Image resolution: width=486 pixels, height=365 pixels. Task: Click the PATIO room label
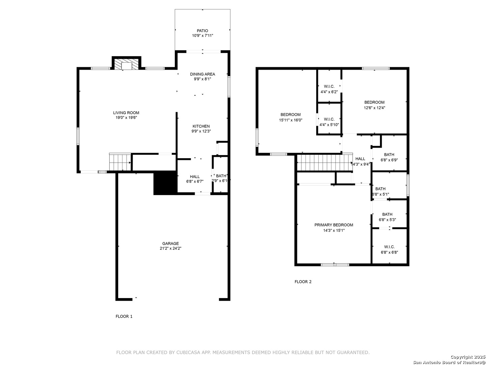202,30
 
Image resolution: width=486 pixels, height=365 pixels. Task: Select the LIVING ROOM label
126,113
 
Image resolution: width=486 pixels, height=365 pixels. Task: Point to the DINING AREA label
202,74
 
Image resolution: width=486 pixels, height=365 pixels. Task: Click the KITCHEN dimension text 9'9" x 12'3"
201,131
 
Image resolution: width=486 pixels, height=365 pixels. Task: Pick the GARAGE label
170,243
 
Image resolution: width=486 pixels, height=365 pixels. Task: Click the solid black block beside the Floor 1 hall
165,183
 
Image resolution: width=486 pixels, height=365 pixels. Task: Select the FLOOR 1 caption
124,316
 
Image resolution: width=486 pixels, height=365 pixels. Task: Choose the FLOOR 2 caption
303,282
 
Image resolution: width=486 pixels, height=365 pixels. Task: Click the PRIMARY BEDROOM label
334,225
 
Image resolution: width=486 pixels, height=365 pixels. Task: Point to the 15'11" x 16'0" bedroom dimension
291,120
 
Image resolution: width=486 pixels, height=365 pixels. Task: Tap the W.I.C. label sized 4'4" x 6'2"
329,86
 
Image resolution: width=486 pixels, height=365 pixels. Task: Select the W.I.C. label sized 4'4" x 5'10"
329,119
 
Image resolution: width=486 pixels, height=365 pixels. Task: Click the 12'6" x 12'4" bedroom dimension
374,108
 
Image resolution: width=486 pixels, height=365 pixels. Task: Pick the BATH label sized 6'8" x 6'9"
389,155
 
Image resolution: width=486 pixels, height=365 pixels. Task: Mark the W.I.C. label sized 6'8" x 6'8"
389,247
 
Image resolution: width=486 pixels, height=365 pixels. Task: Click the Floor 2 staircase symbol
325,163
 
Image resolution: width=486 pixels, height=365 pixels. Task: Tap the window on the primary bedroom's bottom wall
335,265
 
